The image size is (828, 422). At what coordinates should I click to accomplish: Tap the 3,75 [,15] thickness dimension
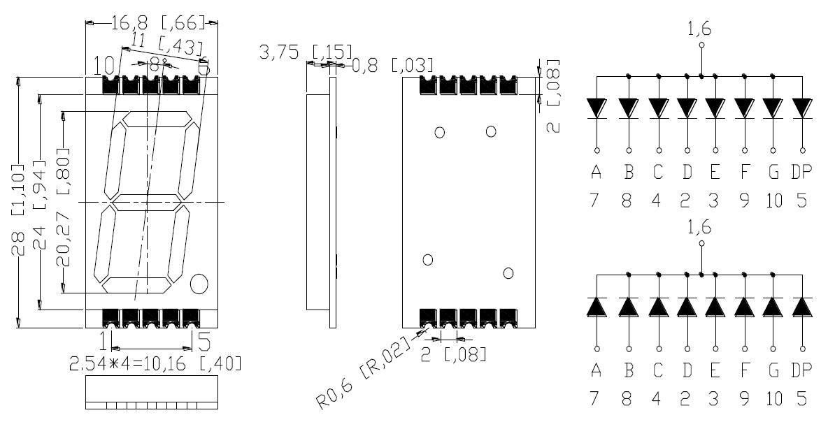click(306, 52)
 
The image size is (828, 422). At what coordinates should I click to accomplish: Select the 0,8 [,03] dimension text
click(392, 66)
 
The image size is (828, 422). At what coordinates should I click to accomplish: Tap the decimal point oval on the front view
click(199, 283)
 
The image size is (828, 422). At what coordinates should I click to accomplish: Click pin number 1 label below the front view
click(104, 341)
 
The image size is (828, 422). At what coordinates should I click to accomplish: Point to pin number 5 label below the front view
click(204, 341)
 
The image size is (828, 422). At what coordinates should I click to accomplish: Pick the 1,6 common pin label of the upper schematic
click(701, 29)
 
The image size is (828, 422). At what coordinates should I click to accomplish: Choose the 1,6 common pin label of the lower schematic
click(701, 228)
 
